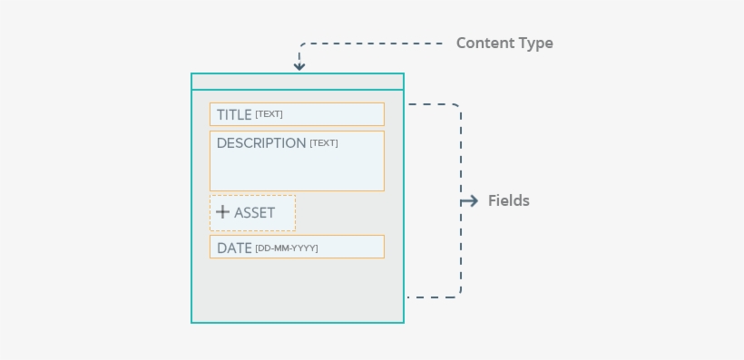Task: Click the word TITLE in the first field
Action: [x=234, y=115]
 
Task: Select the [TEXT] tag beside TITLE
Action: [x=269, y=114]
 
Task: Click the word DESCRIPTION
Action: [x=261, y=143]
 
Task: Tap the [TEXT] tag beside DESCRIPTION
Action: [x=324, y=143]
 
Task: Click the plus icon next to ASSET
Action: [x=222, y=212]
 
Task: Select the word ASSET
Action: [x=254, y=213]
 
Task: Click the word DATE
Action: [x=234, y=248]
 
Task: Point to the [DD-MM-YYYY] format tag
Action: [x=287, y=248]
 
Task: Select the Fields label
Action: [x=509, y=201]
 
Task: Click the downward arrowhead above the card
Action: [x=299, y=65]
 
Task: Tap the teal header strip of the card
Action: [x=297, y=82]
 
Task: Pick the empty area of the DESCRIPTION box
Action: [x=297, y=170]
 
